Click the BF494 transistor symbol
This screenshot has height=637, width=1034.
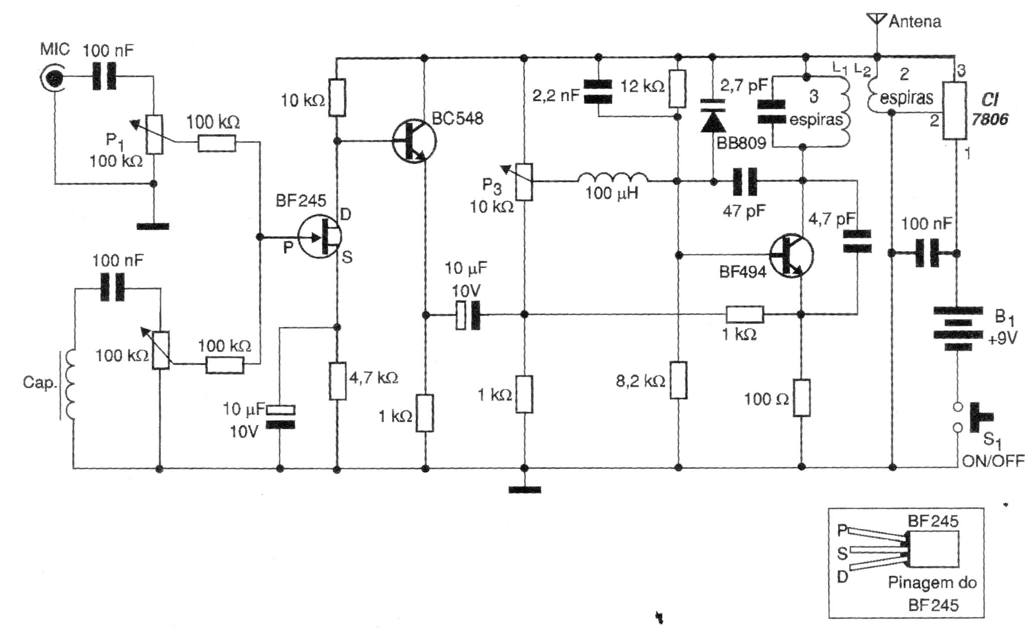pos(791,255)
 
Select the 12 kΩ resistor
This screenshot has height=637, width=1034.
pos(677,89)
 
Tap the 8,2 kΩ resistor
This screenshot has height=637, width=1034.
pos(678,380)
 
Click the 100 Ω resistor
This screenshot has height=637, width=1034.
pos(801,398)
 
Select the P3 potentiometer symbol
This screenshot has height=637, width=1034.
pos(525,181)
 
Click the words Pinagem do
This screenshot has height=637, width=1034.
pos(932,583)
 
